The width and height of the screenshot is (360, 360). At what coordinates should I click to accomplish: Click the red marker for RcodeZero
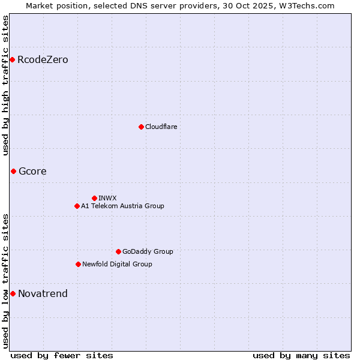(x=12, y=59)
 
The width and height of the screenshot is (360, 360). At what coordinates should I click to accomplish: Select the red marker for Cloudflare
(x=141, y=127)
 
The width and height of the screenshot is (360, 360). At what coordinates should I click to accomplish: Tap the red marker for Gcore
(x=13, y=171)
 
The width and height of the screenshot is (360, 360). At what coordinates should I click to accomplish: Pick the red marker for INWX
(x=94, y=198)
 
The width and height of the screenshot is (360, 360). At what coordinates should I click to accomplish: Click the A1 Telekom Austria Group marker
(x=77, y=206)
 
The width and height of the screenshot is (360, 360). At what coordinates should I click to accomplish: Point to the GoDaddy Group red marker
(x=118, y=251)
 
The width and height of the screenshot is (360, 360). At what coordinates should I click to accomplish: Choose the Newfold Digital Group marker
(x=78, y=264)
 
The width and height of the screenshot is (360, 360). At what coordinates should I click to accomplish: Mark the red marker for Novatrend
(x=13, y=293)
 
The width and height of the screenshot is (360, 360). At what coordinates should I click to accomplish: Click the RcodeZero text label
(x=43, y=60)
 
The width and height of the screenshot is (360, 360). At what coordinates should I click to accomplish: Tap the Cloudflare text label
(x=161, y=127)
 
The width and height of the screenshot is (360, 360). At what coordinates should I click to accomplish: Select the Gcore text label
(x=32, y=172)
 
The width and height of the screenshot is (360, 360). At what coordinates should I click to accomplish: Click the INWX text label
(x=107, y=198)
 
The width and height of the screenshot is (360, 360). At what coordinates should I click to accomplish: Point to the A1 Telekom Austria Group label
(x=122, y=206)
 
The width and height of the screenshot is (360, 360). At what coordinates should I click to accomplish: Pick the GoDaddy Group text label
(x=148, y=251)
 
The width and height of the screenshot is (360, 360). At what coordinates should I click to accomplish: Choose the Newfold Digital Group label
(x=117, y=264)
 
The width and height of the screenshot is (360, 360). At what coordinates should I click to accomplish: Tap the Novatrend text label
(x=43, y=294)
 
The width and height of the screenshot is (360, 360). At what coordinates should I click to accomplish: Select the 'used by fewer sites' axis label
(x=62, y=355)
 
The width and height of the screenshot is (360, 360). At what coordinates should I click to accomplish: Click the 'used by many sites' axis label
(x=301, y=355)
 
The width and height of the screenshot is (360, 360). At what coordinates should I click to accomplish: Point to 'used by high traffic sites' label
(x=5, y=85)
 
